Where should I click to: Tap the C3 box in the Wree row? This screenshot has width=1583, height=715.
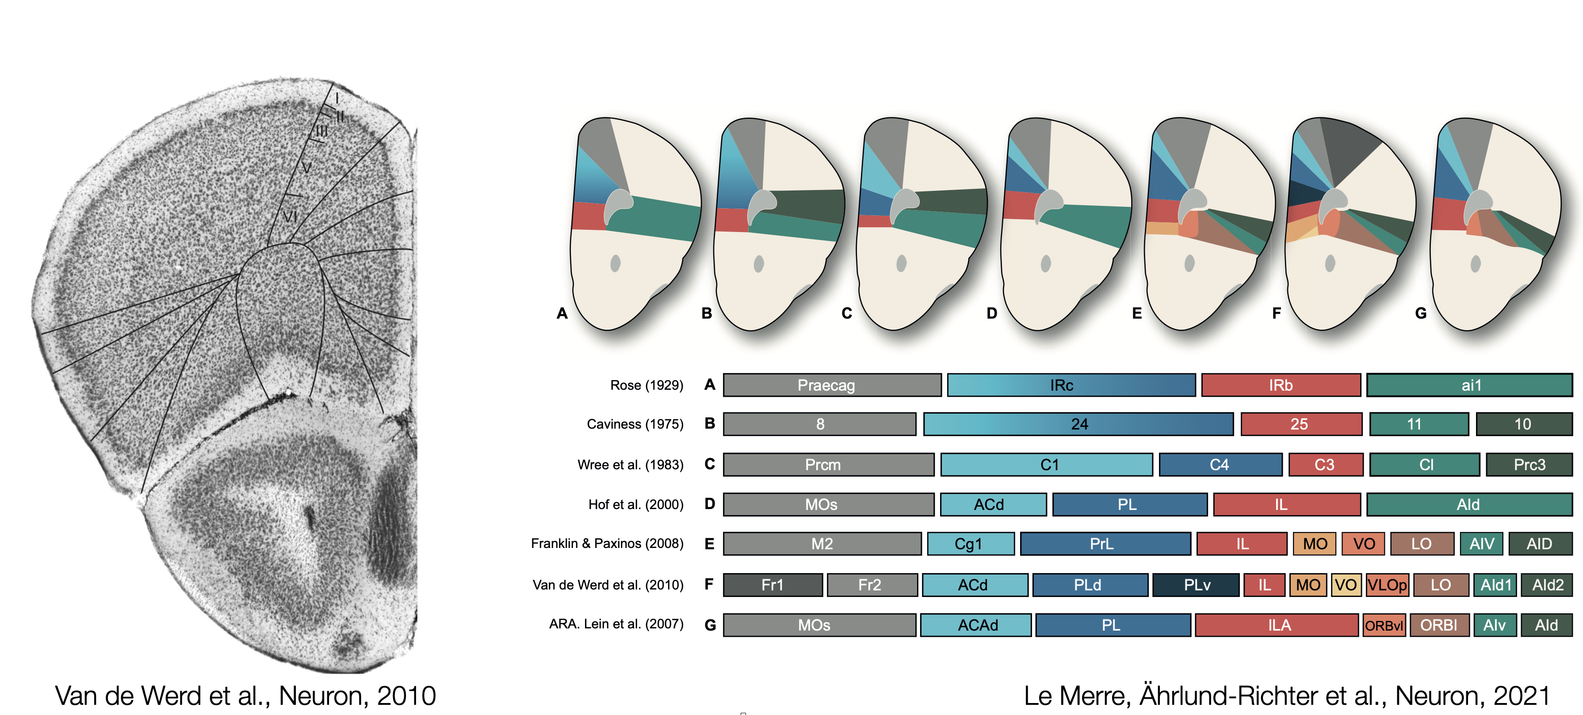click(x=1325, y=464)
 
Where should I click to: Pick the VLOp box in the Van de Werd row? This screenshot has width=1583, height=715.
click(x=1386, y=585)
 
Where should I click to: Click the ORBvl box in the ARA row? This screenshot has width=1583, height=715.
click(x=1384, y=625)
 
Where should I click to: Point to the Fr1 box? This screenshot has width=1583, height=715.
click(x=772, y=585)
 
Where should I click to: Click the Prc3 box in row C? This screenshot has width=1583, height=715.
click(x=1529, y=464)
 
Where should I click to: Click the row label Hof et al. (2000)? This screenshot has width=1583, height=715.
click(x=635, y=504)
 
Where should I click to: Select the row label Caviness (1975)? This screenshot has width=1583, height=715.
click(x=635, y=424)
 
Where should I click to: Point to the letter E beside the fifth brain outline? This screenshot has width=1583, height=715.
click(x=1137, y=313)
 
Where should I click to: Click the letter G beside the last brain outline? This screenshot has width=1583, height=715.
click(x=1420, y=313)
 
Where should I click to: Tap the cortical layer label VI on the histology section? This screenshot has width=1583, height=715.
click(x=290, y=216)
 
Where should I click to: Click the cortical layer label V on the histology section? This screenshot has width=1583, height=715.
click(x=306, y=167)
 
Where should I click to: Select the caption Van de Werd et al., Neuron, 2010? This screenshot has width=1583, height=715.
click(x=245, y=696)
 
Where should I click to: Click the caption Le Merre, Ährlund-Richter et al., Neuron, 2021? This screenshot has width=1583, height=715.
click(x=1287, y=696)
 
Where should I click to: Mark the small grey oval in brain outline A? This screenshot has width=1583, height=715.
click(x=615, y=263)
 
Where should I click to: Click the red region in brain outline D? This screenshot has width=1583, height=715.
click(x=1017, y=205)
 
